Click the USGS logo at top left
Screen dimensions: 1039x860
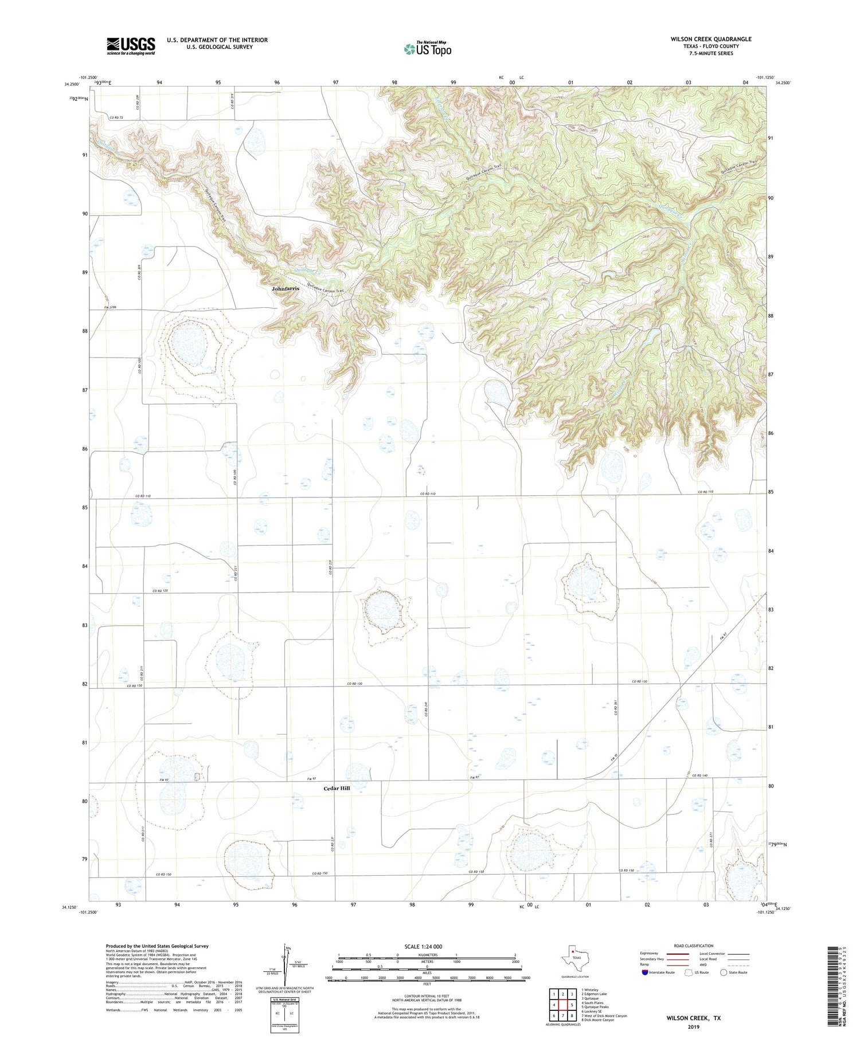pos(131,46)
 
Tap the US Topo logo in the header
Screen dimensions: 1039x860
pos(427,49)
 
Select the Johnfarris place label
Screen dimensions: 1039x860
pos(285,289)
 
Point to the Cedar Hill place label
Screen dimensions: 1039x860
pos(337,789)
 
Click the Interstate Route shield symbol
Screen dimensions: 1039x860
pos(646,973)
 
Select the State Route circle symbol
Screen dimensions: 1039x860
pos(724,973)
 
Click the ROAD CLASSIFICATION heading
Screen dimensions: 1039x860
pos(693,946)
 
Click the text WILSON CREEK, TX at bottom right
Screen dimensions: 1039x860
pos(693,1018)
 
